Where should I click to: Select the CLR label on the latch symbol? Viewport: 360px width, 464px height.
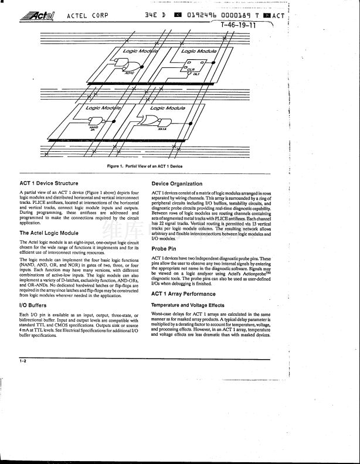[x=191, y=69]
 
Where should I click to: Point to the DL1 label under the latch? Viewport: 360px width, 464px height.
[x=196, y=74]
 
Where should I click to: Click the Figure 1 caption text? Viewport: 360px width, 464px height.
[x=144, y=166]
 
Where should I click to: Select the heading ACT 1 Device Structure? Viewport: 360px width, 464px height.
[x=49, y=183]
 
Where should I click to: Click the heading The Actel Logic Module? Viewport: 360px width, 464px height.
[x=49, y=233]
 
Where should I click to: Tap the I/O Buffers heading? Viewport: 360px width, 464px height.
[x=33, y=306]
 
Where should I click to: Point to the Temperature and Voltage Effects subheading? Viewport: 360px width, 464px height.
[x=187, y=305]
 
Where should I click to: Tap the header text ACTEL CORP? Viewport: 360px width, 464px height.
[x=88, y=15]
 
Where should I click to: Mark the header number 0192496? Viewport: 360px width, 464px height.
[x=202, y=15]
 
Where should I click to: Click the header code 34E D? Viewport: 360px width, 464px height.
[x=155, y=15]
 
